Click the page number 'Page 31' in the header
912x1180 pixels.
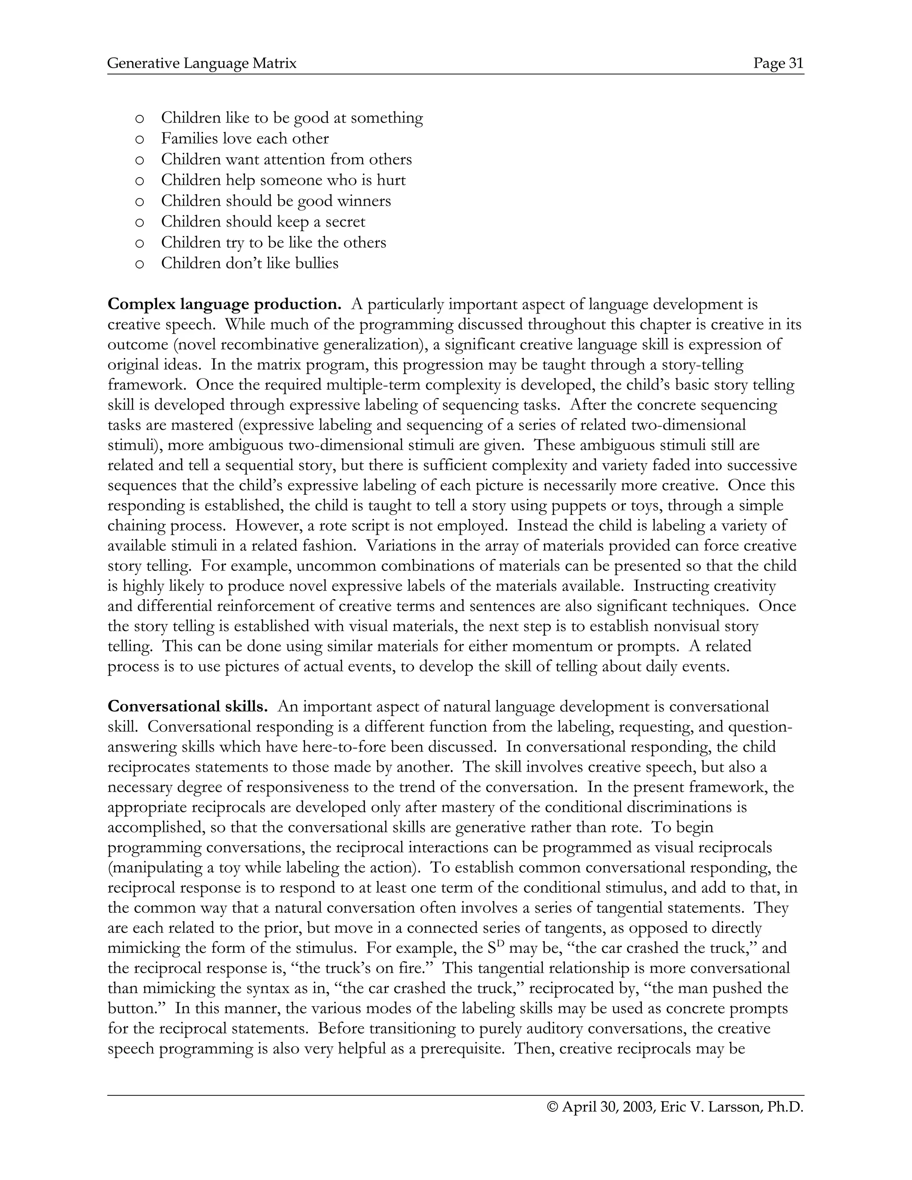(x=778, y=64)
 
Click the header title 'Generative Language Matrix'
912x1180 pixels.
(x=202, y=64)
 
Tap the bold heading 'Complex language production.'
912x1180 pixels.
(x=224, y=304)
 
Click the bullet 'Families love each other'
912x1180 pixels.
(x=245, y=139)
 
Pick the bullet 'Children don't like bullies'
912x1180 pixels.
(x=250, y=264)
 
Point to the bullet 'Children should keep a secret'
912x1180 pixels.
(x=263, y=222)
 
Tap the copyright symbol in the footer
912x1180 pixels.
(x=552, y=1107)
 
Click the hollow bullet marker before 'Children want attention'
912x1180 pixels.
(x=139, y=160)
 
